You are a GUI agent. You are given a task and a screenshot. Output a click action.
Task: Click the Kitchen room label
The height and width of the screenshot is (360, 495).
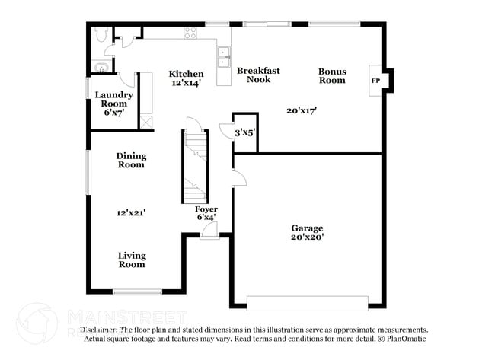tap(186, 74)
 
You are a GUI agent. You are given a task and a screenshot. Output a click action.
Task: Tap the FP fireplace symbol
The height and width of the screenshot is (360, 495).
tap(375, 80)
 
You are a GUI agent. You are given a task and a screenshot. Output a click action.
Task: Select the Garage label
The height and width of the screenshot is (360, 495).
tap(307, 228)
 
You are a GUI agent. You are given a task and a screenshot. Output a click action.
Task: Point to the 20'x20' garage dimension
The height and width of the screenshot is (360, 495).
tap(307, 237)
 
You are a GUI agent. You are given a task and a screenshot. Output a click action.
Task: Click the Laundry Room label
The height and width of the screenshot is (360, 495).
tap(114, 99)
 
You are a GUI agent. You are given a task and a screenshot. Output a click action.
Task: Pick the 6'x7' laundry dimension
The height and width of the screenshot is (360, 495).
tap(114, 112)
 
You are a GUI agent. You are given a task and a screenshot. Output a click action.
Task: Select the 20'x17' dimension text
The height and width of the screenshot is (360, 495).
tap(301, 110)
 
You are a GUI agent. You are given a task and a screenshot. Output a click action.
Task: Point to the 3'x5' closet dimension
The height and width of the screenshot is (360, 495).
tap(244, 132)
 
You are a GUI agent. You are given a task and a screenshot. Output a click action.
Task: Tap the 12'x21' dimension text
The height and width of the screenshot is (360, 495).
tap(131, 213)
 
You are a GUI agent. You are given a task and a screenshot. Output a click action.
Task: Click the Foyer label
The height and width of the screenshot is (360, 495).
tap(206, 209)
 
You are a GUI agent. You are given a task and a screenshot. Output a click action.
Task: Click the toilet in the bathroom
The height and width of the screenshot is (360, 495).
tap(102, 34)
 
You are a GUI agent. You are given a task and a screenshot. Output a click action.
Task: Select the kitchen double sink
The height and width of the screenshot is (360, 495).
tap(225, 53)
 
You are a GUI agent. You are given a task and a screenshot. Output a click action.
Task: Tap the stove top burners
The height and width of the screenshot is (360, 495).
tap(190, 33)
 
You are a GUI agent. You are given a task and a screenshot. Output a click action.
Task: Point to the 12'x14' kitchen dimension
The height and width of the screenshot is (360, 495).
tap(186, 83)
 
